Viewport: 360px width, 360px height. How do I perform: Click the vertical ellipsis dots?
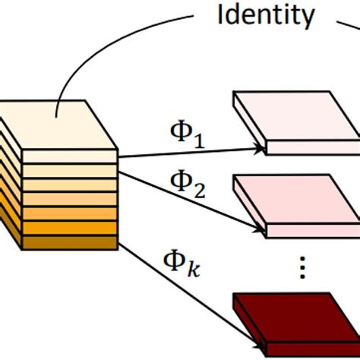303,267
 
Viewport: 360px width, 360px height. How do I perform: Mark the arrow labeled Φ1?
190,153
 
